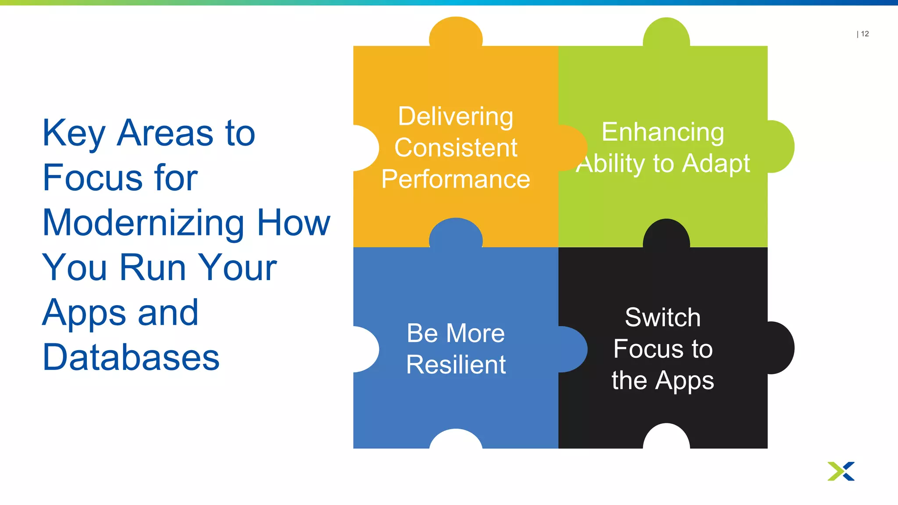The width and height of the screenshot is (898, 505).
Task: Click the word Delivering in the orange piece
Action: [x=456, y=117]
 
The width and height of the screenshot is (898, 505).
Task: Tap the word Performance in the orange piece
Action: [x=456, y=179]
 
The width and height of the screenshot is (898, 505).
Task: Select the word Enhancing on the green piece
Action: [x=663, y=132]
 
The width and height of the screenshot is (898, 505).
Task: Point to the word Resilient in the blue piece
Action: [x=456, y=364]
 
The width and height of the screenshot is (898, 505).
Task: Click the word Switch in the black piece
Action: [x=663, y=317]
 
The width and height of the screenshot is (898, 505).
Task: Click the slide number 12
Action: [x=865, y=34]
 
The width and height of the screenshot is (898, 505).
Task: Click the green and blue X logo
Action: [x=841, y=471]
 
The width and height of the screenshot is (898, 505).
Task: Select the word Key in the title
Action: [x=74, y=133]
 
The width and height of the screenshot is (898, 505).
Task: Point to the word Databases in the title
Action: [x=131, y=358]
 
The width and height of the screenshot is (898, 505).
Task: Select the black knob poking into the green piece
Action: [x=666, y=234]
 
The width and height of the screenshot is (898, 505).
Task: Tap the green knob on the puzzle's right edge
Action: [x=781, y=146]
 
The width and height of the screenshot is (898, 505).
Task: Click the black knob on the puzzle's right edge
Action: [x=781, y=348]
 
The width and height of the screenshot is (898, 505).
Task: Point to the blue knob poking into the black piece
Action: [x=572, y=349]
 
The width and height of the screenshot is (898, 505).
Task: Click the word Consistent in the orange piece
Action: [x=456, y=148]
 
